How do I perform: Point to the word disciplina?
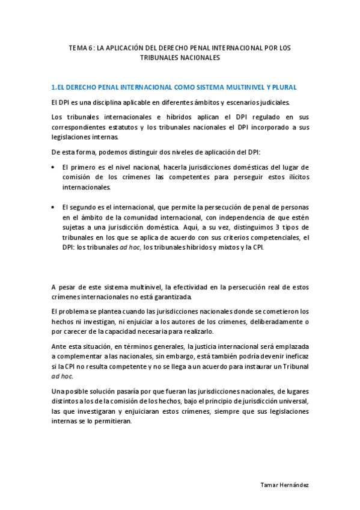click(105, 102)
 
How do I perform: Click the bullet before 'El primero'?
click(53, 167)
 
